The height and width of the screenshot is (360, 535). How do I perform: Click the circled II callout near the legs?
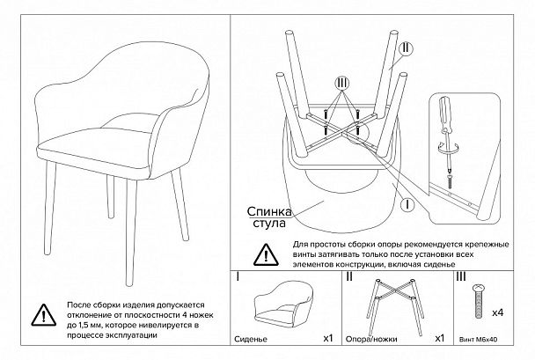click(406, 48)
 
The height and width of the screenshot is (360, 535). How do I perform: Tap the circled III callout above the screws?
click(342, 83)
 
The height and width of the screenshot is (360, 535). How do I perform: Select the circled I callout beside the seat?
click(407, 205)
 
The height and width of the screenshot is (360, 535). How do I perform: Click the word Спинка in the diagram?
click(269, 211)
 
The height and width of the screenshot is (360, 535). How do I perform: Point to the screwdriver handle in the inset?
click(445, 114)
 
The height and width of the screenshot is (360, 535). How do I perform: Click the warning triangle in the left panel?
click(44, 315)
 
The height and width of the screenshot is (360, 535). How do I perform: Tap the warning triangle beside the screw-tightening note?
click(266, 254)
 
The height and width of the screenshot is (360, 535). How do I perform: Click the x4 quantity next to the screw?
click(498, 312)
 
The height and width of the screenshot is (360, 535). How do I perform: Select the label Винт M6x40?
click(479, 340)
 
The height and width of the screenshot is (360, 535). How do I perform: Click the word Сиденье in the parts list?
click(251, 339)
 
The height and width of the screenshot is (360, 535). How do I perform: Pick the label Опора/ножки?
click(371, 339)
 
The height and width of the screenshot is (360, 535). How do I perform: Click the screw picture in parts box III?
click(479, 301)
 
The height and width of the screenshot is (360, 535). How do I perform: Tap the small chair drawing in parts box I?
click(284, 305)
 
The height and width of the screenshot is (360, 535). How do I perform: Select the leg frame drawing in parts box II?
click(395, 306)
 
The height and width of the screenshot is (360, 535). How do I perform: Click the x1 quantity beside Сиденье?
click(327, 338)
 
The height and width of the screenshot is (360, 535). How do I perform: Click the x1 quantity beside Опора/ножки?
click(440, 338)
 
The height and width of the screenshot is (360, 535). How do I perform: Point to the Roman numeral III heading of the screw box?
click(461, 276)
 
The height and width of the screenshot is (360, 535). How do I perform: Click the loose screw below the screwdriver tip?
click(451, 181)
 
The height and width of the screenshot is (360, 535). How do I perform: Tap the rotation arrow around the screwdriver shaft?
click(447, 149)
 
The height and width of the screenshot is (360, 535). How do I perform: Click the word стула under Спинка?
click(269, 224)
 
